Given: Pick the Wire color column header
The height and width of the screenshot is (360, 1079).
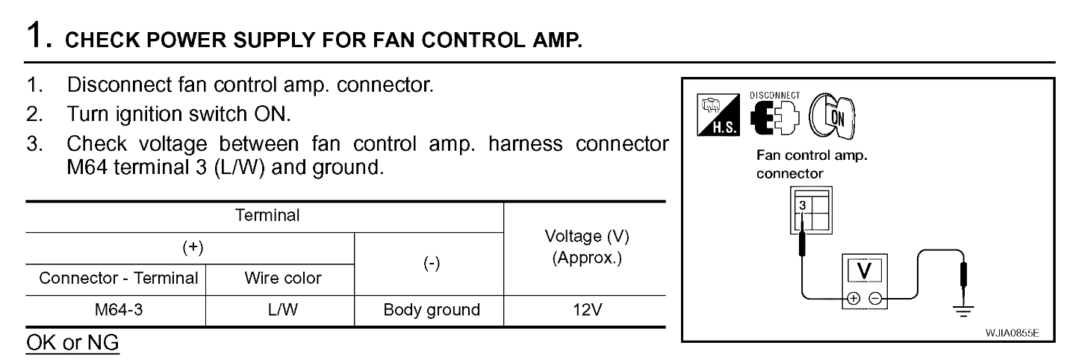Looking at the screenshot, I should point(283,279).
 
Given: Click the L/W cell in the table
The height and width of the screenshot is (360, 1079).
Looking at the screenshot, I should point(283,310).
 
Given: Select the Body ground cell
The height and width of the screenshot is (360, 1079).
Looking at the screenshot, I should point(429,310).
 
